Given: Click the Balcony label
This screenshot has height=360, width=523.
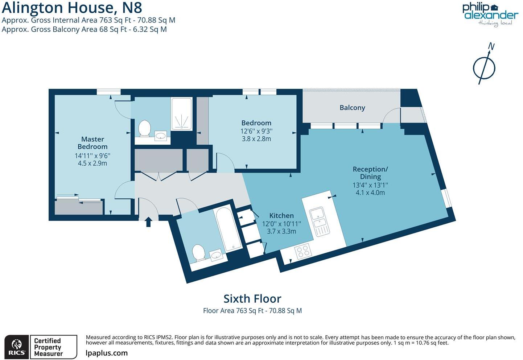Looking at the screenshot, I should (x=352, y=108).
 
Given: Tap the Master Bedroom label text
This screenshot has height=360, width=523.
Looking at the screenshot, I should (x=92, y=143).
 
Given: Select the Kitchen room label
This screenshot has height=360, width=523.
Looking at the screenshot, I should (x=281, y=215).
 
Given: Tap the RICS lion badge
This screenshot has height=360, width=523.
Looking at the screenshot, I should (x=17, y=347).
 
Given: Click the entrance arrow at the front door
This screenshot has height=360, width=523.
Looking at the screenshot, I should (x=148, y=222).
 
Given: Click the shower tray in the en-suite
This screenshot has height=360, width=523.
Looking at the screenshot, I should (x=181, y=114).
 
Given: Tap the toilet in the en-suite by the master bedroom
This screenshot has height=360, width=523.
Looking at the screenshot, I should (x=145, y=128).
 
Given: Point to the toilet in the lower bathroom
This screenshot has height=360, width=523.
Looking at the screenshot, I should (x=198, y=252).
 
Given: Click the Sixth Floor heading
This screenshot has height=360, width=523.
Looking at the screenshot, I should (x=252, y=299).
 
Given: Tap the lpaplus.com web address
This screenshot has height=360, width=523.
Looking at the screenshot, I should (x=107, y=353).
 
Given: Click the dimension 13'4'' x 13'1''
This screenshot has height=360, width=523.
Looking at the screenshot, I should (x=370, y=185).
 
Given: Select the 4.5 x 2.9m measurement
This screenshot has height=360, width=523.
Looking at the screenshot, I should (x=92, y=164).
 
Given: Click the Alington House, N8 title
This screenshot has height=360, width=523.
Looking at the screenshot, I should (x=72, y=8).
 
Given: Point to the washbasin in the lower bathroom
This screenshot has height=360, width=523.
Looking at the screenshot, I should (x=217, y=256).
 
